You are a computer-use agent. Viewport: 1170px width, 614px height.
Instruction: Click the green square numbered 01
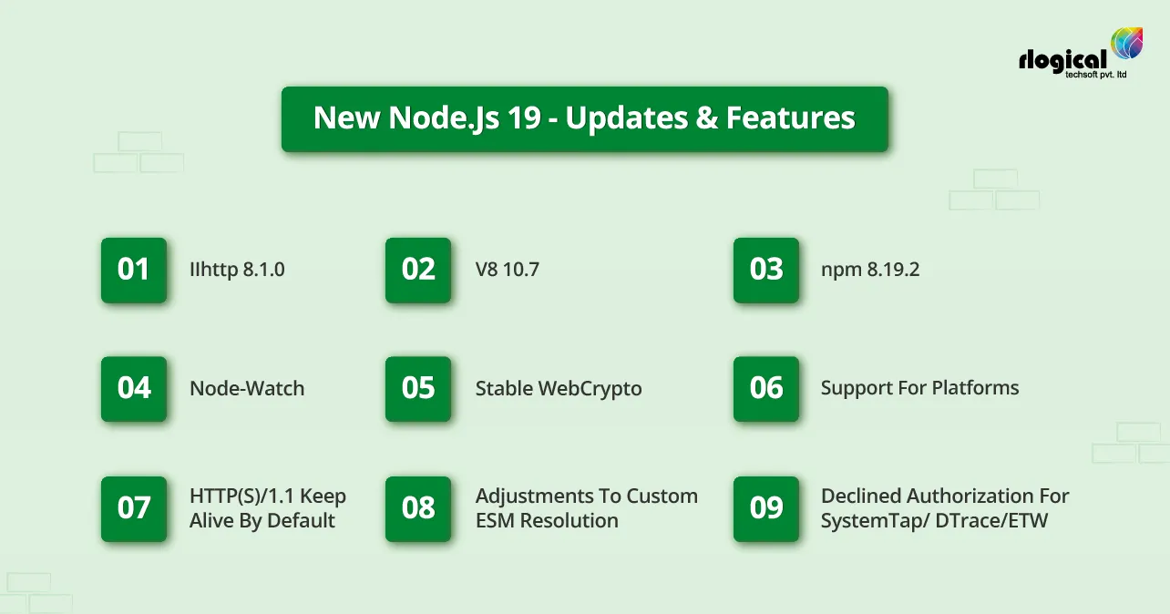click(x=133, y=270)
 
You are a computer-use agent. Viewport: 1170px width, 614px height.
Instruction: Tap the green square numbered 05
click(x=418, y=388)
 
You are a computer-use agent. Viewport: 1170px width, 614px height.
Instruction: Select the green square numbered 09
click(x=766, y=508)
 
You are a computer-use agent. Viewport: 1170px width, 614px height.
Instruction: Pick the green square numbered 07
click(x=133, y=508)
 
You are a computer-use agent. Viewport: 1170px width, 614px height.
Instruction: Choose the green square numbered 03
click(x=766, y=270)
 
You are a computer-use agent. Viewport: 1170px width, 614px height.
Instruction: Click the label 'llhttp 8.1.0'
click(x=237, y=270)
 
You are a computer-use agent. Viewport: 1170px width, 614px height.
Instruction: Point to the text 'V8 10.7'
click(x=507, y=270)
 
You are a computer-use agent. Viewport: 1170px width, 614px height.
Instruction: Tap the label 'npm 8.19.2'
click(x=869, y=270)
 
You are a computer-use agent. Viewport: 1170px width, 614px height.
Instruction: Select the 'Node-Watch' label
click(x=247, y=389)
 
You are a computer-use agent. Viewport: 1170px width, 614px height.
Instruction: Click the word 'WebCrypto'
click(x=590, y=389)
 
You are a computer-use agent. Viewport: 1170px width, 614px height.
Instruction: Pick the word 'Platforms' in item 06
click(x=975, y=388)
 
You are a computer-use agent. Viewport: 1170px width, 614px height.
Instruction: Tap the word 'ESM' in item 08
click(x=497, y=521)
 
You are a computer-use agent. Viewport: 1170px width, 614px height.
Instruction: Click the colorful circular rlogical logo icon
click(x=1127, y=44)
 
